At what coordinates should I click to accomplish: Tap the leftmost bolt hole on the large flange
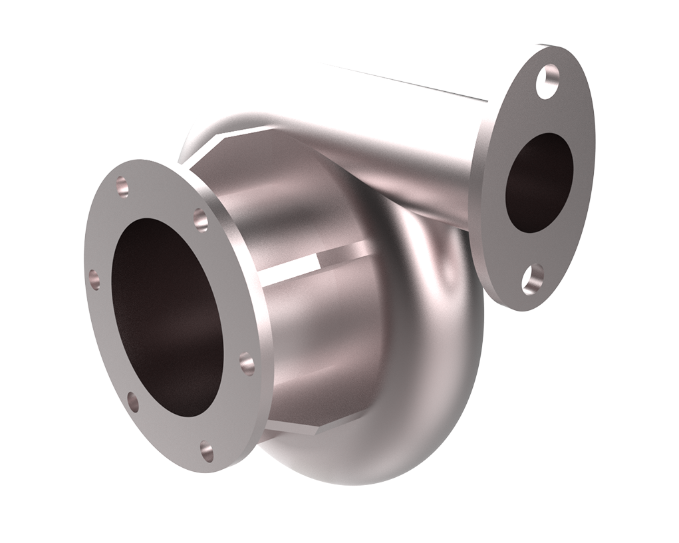94,277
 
